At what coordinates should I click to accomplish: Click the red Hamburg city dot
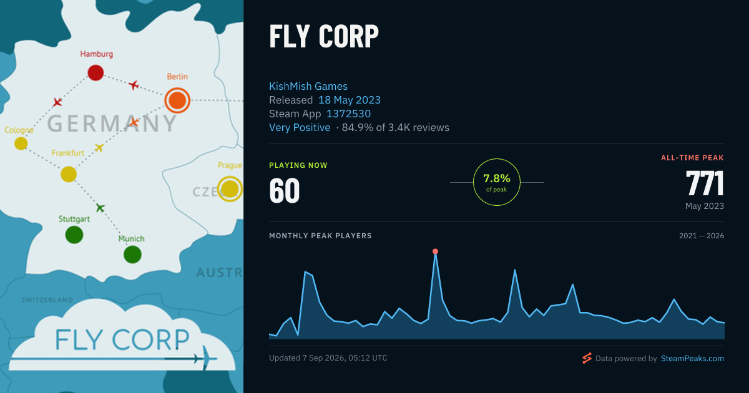pyautogui.click(x=95, y=73)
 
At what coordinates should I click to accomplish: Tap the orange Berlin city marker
pyautogui.click(x=177, y=100)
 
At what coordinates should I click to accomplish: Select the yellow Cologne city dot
pyautogui.click(x=21, y=143)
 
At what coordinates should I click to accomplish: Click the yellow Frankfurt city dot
pyautogui.click(x=69, y=174)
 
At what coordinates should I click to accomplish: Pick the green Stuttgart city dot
pyautogui.click(x=74, y=235)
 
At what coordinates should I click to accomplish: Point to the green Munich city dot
pyautogui.click(x=132, y=255)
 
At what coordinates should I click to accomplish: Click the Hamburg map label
pyautogui.click(x=96, y=54)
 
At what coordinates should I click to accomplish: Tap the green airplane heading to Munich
pyautogui.click(x=100, y=208)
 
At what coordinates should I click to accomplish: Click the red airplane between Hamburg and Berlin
pyautogui.click(x=134, y=85)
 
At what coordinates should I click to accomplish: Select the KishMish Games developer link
pyautogui.click(x=308, y=86)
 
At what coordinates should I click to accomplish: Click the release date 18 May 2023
pyautogui.click(x=349, y=100)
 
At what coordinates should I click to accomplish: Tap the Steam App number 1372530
pyautogui.click(x=348, y=114)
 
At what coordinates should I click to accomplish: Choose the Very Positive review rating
pyautogui.click(x=300, y=127)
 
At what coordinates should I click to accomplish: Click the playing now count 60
pyautogui.click(x=284, y=190)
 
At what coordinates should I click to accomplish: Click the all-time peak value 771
pyautogui.click(x=705, y=183)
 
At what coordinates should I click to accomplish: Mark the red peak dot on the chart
pyautogui.click(x=435, y=251)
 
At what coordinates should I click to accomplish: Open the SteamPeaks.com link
pyautogui.click(x=692, y=359)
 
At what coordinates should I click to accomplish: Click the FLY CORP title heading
pyautogui.click(x=324, y=36)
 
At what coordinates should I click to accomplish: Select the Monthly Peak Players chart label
pyautogui.click(x=320, y=236)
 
